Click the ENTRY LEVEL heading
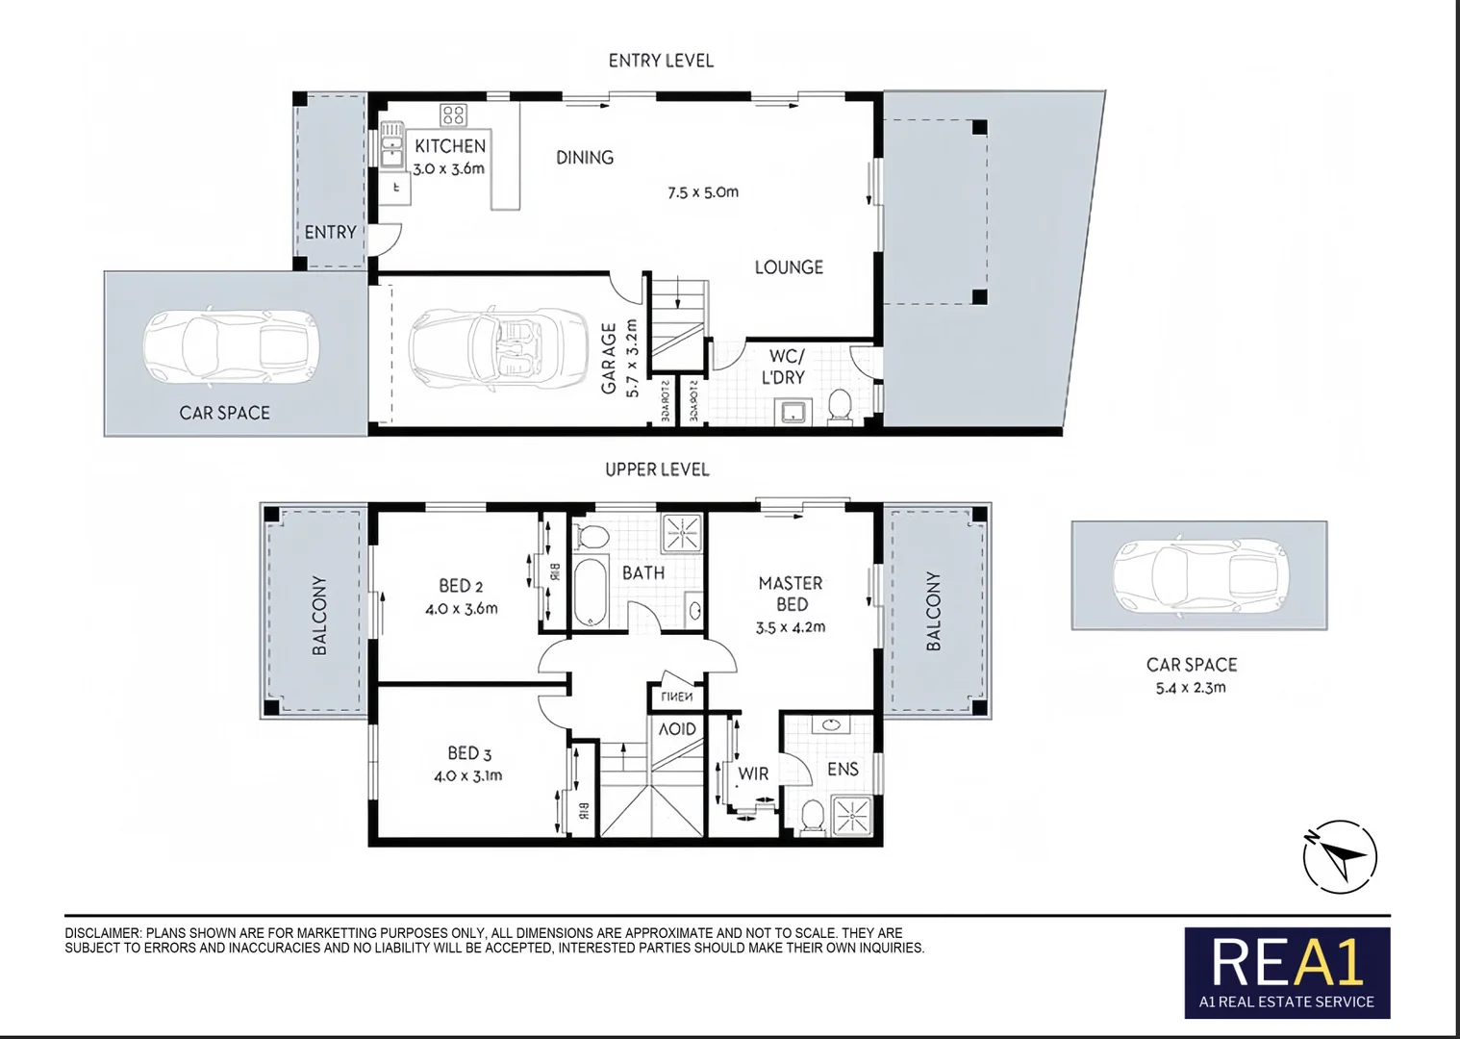click(x=661, y=61)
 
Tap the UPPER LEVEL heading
click(x=657, y=469)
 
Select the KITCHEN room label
click(x=450, y=146)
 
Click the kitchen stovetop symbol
click(x=453, y=115)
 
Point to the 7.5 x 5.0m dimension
click(x=703, y=192)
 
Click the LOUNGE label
click(x=789, y=267)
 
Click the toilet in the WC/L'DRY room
click(x=840, y=407)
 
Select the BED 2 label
click(x=461, y=586)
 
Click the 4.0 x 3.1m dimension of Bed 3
click(x=467, y=775)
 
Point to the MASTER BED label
click(x=791, y=594)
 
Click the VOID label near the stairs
click(x=677, y=729)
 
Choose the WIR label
click(x=753, y=773)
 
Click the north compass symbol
click(x=1341, y=855)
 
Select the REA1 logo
click(x=1287, y=972)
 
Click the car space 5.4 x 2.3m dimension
click(x=1191, y=688)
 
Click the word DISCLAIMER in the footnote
click(x=102, y=933)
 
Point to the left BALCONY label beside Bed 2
click(x=319, y=616)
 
